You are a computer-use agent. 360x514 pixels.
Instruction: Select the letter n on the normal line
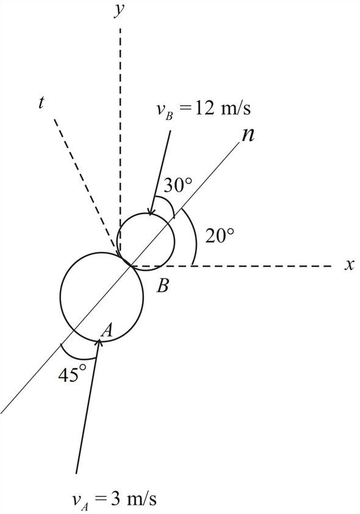point(248,135)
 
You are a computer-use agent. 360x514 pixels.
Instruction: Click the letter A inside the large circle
point(106,330)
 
